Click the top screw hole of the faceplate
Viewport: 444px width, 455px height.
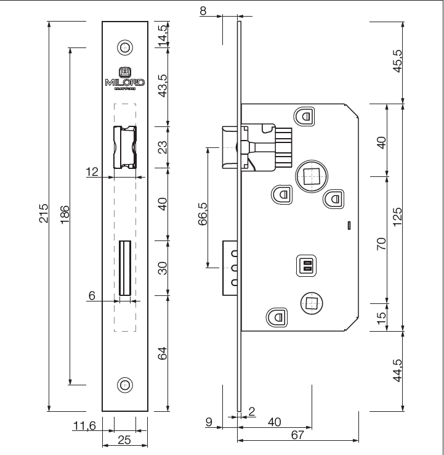coord(124,47)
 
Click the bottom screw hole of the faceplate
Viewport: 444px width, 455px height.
coord(124,385)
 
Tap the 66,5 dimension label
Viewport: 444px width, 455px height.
coord(203,213)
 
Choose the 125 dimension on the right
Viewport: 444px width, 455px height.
coord(397,215)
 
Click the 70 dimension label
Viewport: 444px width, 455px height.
coord(382,242)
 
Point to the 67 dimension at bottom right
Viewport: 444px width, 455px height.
coord(299,435)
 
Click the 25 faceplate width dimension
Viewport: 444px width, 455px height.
coord(124,440)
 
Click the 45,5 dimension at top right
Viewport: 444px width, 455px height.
coord(397,62)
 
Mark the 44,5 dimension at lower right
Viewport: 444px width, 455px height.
coord(397,371)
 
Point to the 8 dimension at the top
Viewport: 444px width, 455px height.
coord(204,10)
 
